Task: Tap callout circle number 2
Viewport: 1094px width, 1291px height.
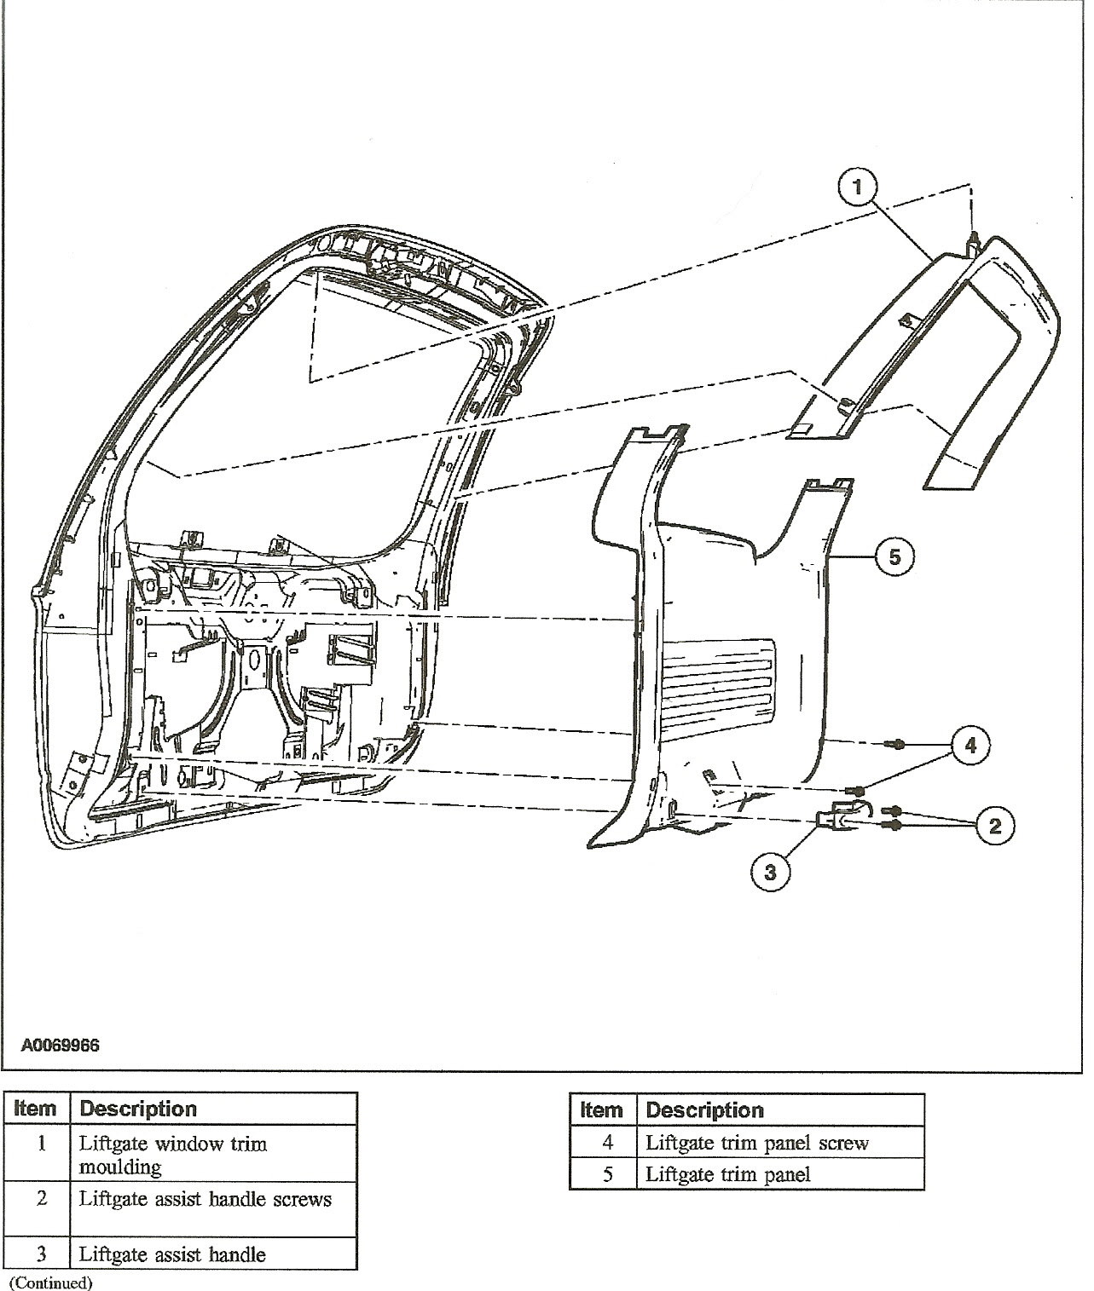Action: click(993, 825)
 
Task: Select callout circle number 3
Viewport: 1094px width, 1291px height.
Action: click(771, 872)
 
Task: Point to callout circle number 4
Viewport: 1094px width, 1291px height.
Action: click(970, 746)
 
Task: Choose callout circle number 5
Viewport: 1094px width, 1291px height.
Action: click(894, 556)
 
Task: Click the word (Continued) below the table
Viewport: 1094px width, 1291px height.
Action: click(50, 1282)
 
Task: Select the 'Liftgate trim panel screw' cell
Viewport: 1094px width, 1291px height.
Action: click(756, 1143)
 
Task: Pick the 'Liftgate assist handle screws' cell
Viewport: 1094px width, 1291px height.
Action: click(205, 1199)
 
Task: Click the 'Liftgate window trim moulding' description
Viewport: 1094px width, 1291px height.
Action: click(173, 1154)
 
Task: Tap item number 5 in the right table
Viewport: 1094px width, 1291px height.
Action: click(607, 1174)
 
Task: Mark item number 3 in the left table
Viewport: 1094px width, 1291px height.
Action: click(41, 1254)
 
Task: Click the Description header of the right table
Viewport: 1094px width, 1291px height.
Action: click(704, 1110)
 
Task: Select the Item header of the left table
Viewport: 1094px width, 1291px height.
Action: click(36, 1109)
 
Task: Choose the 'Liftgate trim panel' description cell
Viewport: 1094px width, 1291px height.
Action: click(727, 1174)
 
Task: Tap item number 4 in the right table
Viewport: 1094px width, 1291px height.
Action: click(607, 1143)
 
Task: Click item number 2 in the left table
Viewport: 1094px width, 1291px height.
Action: click(41, 1199)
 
